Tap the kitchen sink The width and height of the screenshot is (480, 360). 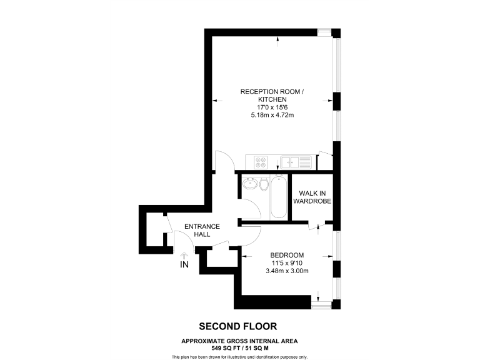296,162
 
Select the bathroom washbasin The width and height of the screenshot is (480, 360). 250,185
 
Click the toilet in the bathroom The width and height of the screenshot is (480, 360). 264,185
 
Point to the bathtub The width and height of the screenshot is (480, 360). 278,196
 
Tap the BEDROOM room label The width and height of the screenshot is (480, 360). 287,255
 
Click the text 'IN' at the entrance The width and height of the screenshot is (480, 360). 184,265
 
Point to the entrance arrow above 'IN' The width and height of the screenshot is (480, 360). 184,255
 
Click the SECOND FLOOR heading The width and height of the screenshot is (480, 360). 237,326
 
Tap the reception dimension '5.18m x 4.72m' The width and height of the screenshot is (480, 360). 272,115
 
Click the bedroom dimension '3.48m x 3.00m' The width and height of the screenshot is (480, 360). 287,271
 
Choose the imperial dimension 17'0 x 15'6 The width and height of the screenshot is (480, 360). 272,107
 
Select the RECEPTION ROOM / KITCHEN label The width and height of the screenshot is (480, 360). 272,96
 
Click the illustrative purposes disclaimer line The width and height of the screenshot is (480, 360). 240,356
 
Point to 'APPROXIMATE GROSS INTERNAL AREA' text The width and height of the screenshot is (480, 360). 239,341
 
